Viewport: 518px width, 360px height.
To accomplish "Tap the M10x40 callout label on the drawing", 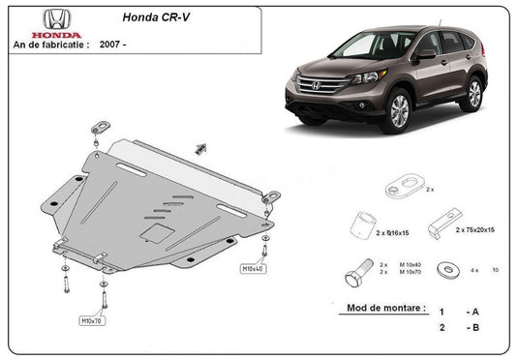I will click(x=251, y=268).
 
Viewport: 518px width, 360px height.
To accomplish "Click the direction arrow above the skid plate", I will click(x=201, y=147).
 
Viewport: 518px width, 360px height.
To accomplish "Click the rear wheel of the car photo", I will click(x=473, y=93).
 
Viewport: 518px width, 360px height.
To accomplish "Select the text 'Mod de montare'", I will click(x=385, y=309).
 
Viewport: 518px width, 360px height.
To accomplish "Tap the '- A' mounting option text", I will click(x=472, y=313).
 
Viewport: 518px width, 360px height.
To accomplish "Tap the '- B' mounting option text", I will click(x=472, y=329).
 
